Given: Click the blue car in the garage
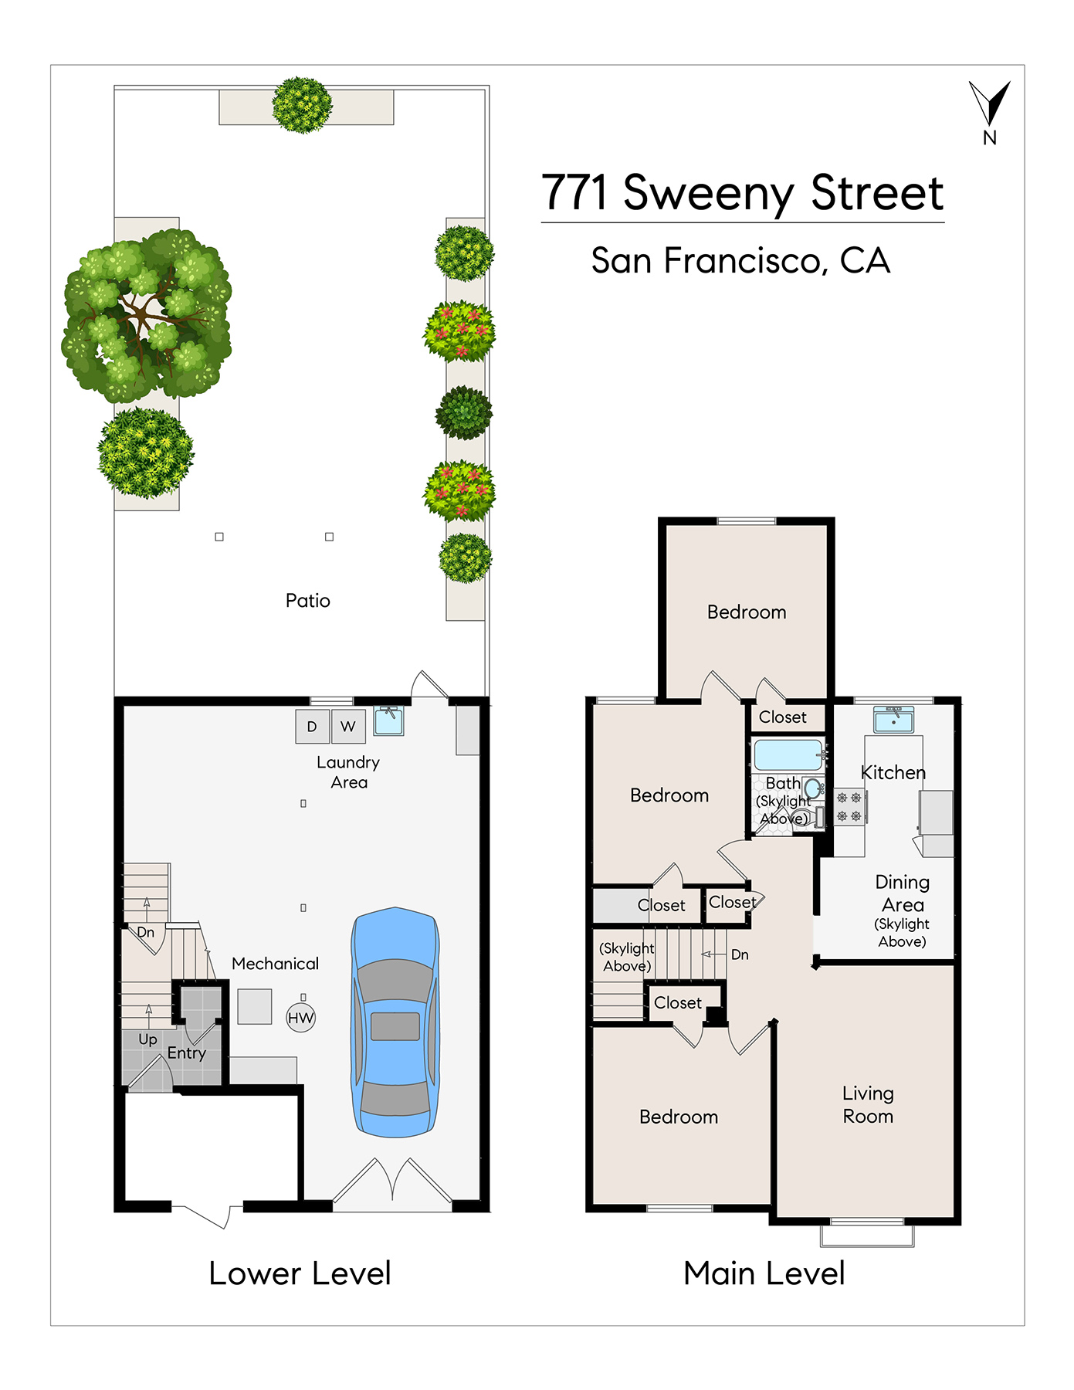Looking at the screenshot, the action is point(395,1022).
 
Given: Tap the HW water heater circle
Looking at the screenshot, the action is point(301,1018).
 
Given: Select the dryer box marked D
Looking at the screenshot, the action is point(312,726).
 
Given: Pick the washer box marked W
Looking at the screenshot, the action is point(348,726).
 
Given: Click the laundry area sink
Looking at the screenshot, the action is point(388,720).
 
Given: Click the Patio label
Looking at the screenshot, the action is point(308,601).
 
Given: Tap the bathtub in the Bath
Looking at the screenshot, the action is point(788,754).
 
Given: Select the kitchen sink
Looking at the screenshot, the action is point(893,720).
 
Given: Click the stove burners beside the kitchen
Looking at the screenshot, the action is point(849,807).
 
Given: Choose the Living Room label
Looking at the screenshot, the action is point(868,1104).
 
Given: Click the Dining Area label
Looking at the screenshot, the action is point(903,893).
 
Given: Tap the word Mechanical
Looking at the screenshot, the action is point(275,964).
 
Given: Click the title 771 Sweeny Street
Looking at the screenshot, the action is point(743,193).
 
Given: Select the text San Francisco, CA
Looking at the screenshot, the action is point(741,261).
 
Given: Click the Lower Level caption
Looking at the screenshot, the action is point(300,1273).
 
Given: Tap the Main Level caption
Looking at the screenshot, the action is point(764,1273).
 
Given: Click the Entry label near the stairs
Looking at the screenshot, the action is point(187,1053).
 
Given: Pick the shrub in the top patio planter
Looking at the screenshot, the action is point(303,105).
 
